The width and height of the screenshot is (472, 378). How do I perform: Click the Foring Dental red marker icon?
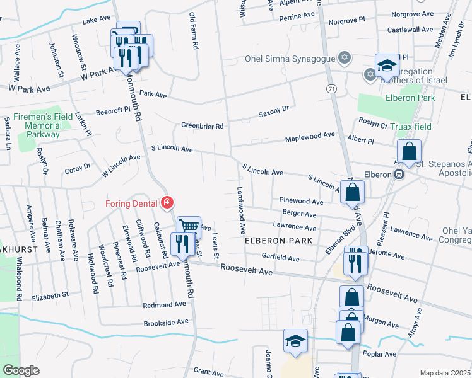pyautogui.click(x=167, y=203)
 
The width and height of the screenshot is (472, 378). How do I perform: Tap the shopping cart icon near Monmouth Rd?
pyautogui.click(x=189, y=226)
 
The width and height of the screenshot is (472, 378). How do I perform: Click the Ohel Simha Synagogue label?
pyautogui.click(x=290, y=60)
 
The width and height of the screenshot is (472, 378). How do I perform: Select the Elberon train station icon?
pyautogui.click(x=399, y=175)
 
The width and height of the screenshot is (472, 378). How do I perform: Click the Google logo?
pyautogui.click(x=21, y=370)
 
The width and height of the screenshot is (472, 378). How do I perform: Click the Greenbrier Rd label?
pyautogui.click(x=203, y=126)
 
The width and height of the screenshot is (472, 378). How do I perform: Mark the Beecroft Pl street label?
pyautogui.click(x=112, y=111)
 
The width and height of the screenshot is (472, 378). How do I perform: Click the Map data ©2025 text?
pyautogui.click(x=445, y=373)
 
